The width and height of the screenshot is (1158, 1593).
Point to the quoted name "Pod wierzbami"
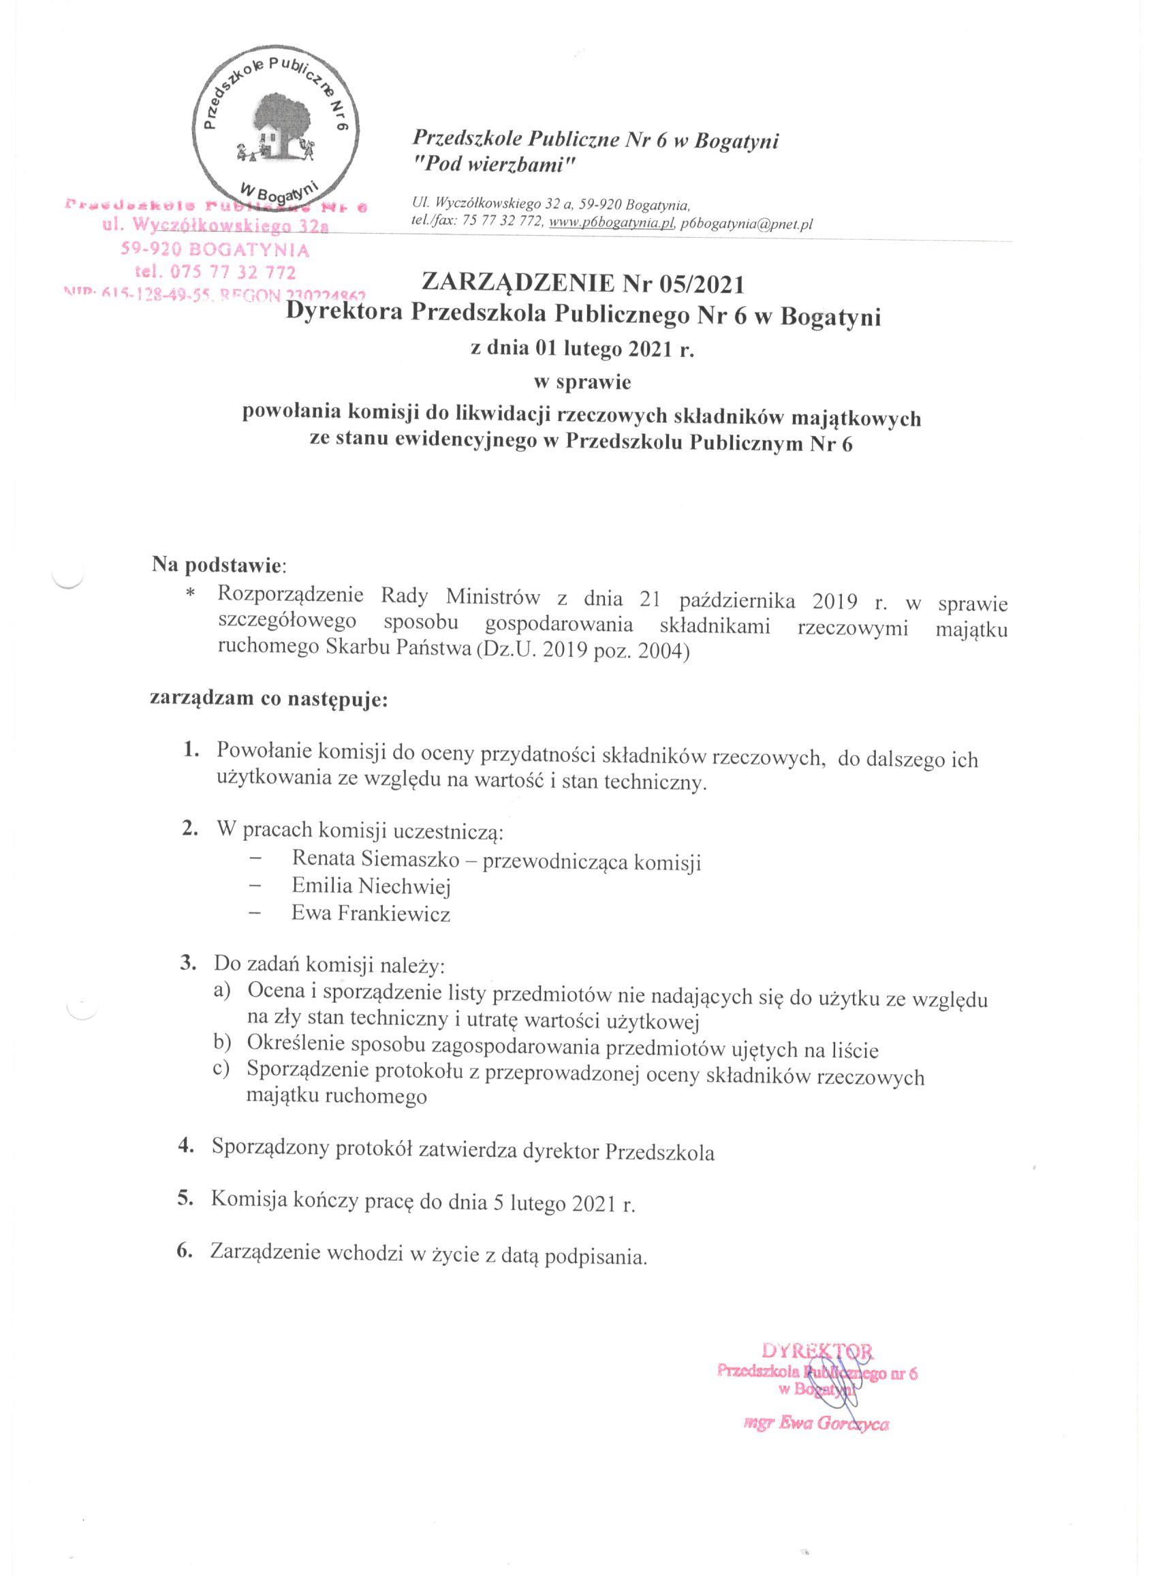click(495, 166)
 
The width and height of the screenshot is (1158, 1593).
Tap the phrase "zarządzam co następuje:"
click(269, 700)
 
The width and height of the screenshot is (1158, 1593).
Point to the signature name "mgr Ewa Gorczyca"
click(816, 1406)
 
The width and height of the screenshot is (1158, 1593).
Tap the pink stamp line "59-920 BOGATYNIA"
click(215, 250)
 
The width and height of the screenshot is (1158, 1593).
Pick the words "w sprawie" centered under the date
click(582, 383)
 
